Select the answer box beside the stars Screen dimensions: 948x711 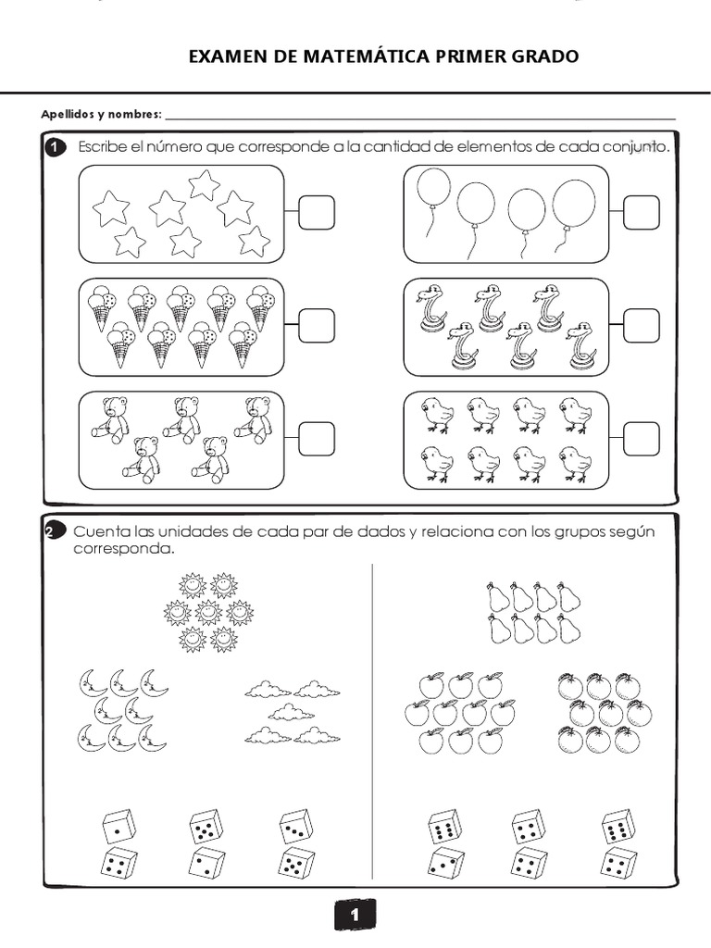click(x=316, y=213)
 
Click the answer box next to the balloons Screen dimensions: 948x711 click(x=641, y=213)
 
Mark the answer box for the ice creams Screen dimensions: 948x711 click(x=316, y=325)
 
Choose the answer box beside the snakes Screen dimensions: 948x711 click(x=641, y=325)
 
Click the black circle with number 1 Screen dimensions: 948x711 click(x=55, y=148)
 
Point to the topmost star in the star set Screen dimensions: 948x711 click(x=204, y=183)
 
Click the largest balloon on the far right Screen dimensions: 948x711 click(x=574, y=201)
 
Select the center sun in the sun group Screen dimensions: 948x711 click(x=208, y=612)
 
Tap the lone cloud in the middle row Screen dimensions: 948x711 click(x=290, y=711)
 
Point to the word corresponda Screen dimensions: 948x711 click(x=123, y=548)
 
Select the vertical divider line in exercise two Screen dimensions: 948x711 click(x=372, y=722)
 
